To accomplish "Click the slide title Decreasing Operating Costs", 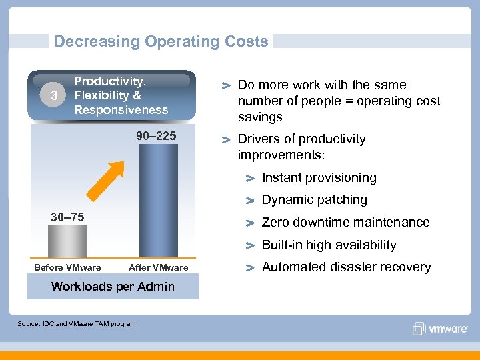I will (x=161, y=41).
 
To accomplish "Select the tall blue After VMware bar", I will (x=159, y=200).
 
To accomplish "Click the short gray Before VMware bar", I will (x=67, y=241).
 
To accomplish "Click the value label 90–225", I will (x=156, y=137).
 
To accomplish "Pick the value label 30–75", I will (x=67, y=217).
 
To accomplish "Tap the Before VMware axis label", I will (x=67, y=268).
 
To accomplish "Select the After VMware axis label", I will (x=159, y=268).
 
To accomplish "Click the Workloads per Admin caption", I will (x=113, y=287).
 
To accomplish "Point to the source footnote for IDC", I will (x=76, y=324).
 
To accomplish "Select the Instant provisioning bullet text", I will (x=319, y=178).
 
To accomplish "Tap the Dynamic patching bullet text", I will (x=314, y=200).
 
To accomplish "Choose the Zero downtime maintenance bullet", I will (x=345, y=223).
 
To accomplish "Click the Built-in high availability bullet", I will (x=329, y=245).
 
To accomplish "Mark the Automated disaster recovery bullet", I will (x=346, y=267).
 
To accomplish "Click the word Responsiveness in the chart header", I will (x=121, y=110).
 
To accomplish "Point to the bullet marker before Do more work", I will (x=227, y=86).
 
